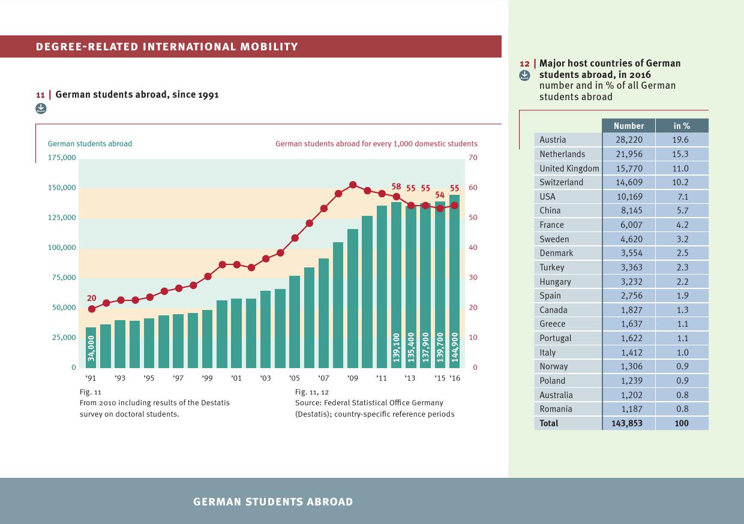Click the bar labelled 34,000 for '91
click(x=91, y=347)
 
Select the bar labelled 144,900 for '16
click(x=454, y=282)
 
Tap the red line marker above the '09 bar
click(x=353, y=185)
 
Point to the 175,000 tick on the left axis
click(x=62, y=158)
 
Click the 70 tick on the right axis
click(x=473, y=158)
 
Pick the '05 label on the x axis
click(x=294, y=378)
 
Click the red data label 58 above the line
click(x=396, y=186)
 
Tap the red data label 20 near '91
click(x=91, y=298)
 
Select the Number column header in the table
click(x=629, y=126)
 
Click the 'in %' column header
click(x=682, y=126)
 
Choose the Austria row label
click(x=553, y=140)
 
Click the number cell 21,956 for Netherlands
click(x=629, y=154)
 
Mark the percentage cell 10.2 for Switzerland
click(x=681, y=182)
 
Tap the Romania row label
click(x=556, y=409)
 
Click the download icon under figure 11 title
click(x=40, y=108)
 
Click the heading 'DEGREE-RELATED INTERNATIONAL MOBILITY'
click(x=167, y=47)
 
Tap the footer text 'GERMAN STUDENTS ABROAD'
click(x=273, y=502)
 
